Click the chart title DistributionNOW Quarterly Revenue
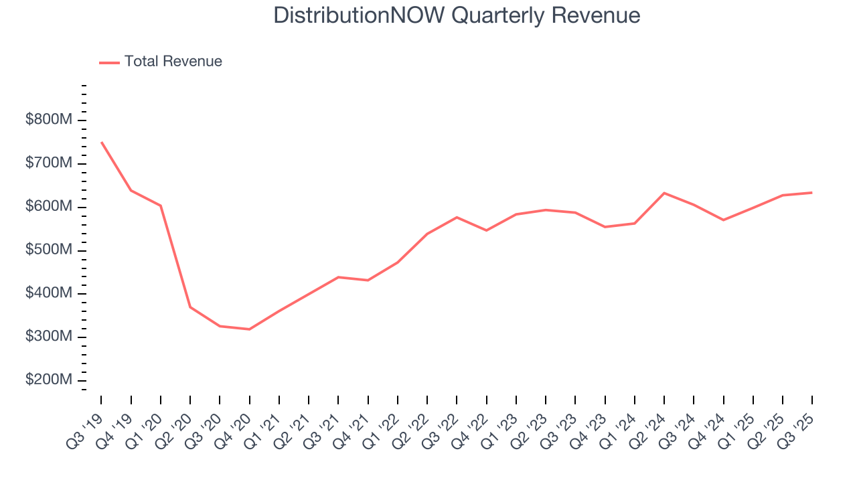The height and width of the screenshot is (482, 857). [x=457, y=16]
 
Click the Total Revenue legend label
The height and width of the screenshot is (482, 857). [x=173, y=62]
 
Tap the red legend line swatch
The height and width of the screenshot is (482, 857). [x=109, y=62]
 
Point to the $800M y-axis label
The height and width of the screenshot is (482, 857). [x=48, y=120]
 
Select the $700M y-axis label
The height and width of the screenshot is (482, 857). [x=48, y=164]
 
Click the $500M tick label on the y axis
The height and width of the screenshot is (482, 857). [x=48, y=250]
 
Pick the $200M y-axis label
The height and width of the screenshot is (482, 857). [x=48, y=380]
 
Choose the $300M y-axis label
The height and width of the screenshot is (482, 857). [x=48, y=337]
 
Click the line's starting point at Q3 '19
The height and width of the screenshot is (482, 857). [x=101, y=142]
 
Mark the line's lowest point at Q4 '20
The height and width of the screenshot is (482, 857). [x=249, y=329]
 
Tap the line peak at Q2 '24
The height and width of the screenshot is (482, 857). [x=664, y=193]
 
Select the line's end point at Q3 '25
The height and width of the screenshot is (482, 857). [x=811, y=193]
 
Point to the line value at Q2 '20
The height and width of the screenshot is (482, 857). [x=190, y=307]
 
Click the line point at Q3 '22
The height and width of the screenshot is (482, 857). [x=457, y=217]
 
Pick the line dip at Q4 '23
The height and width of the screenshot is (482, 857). [x=605, y=227]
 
